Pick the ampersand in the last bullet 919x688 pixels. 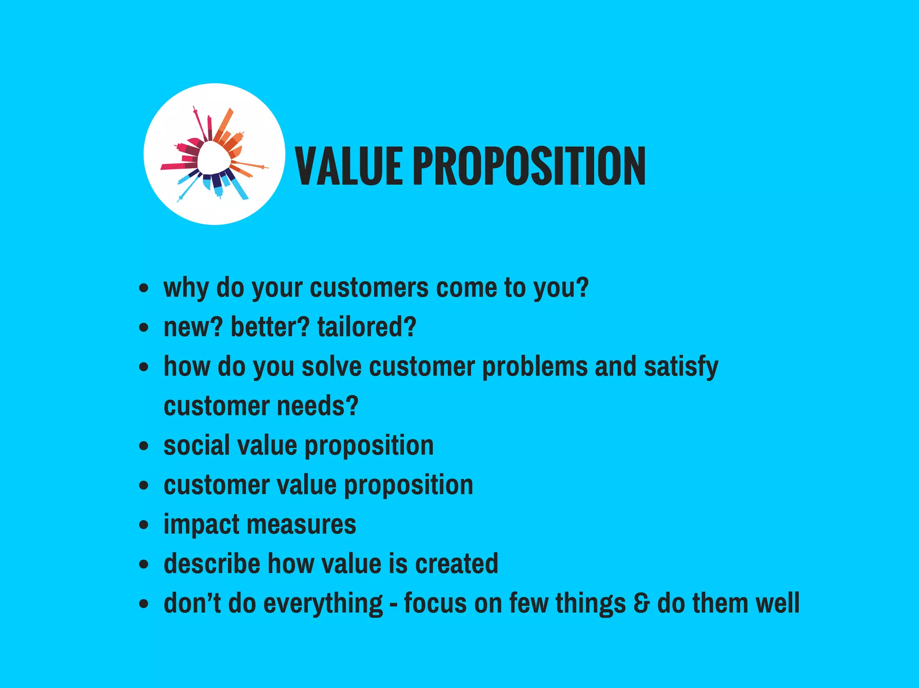pyautogui.click(x=642, y=603)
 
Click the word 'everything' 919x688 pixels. pyautogui.click(x=323, y=604)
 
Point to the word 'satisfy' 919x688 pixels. pyautogui.click(x=681, y=367)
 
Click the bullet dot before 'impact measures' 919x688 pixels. pyautogui.click(x=144, y=525)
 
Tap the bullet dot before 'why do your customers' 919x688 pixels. pyautogui.click(x=144, y=287)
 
